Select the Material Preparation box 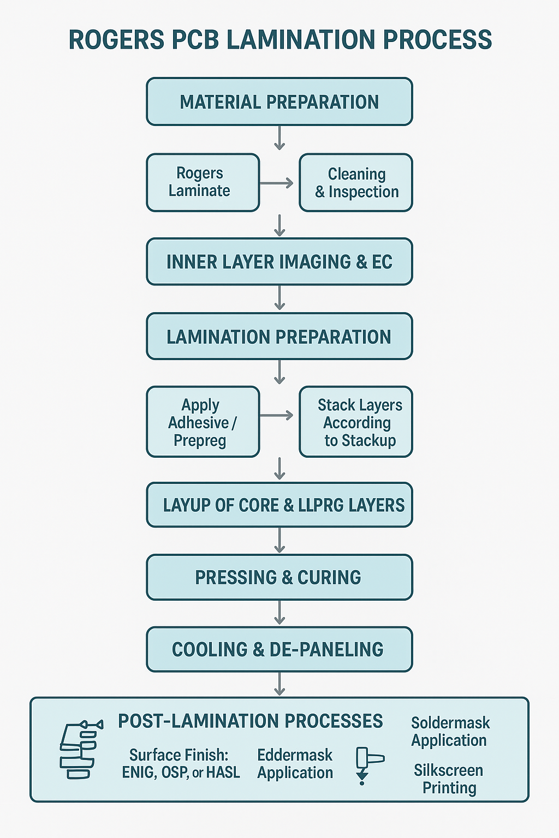click(x=279, y=102)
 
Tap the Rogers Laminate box click(x=203, y=182)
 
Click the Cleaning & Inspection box click(x=356, y=183)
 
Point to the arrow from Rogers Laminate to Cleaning click(x=277, y=183)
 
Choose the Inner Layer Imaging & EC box click(x=279, y=262)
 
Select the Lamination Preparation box click(x=279, y=337)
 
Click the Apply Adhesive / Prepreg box click(x=203, y=422)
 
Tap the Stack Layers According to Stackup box click(x=356, y=422)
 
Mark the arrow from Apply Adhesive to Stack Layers click(x=277, y=416)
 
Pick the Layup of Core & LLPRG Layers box click(x=279, y=505)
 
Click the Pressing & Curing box click(x=279, y=577)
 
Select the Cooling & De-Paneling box click(x=279, y=649)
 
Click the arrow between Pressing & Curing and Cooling click(x=279, y=613)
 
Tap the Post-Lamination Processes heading click(x=250, y=721)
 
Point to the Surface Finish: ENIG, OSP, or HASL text click(x=181, y=763)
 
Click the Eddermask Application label click(x=295, y=763)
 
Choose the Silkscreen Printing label click(x=449, y=779)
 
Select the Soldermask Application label click(x=450, y=731)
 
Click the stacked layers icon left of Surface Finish click(x=79, y=750)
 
